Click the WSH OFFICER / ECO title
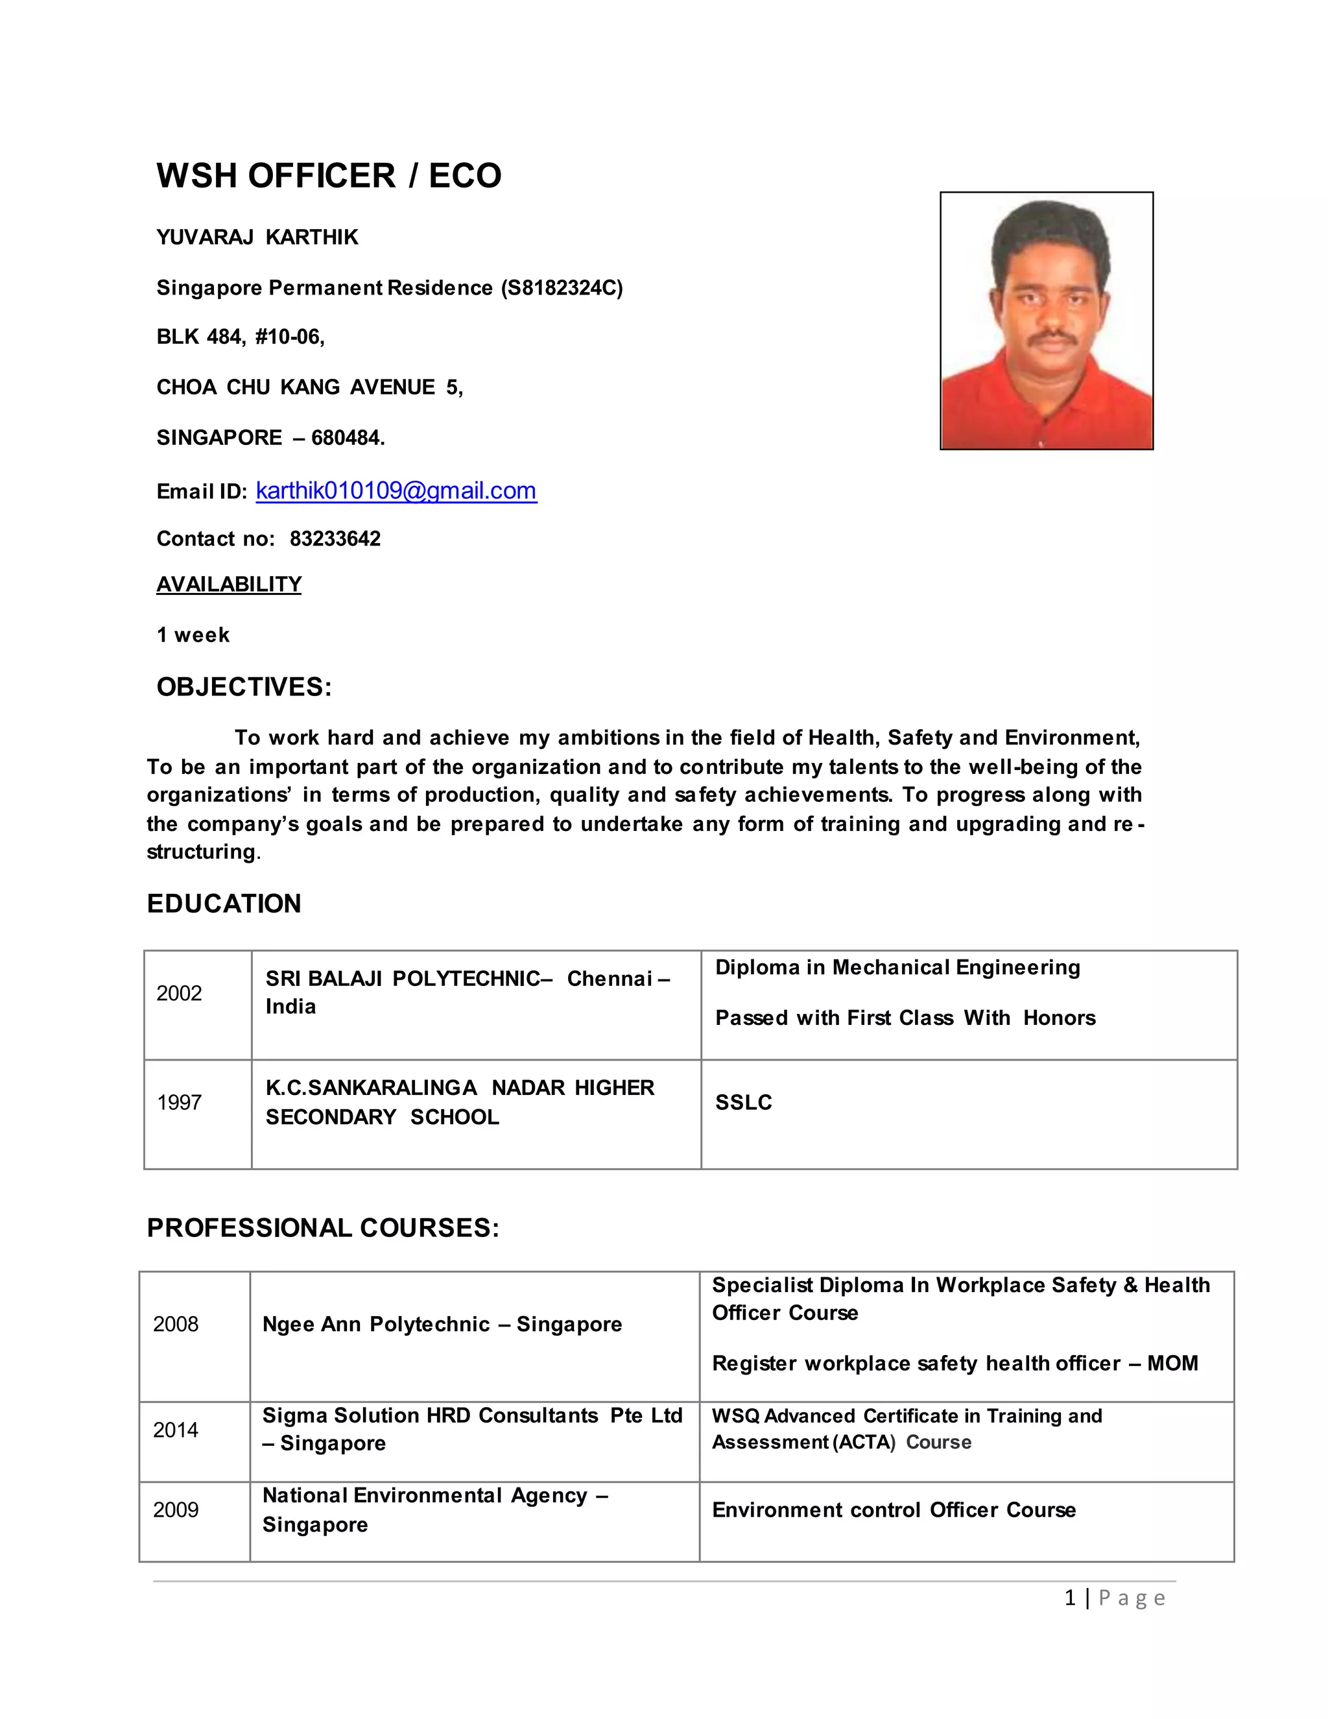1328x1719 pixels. pyautogui.click(x=329, y=176)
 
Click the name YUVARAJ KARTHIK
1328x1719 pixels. pyautogui.click(x=257, y=237)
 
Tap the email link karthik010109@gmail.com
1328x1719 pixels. pyautogui.click(x=396, y=490)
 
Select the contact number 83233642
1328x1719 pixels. pyautogui.click(x=335, y=538)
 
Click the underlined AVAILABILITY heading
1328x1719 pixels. pyautogui.click(x=229, y=584)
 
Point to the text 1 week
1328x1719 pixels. pyautogui.click(x=193, y=634)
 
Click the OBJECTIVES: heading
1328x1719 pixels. pyautogui.click(x=244, y=686)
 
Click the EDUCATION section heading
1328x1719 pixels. pyautogui.click(x=224, y=903)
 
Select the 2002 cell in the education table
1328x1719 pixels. pyautogui.click(x=180, y=993)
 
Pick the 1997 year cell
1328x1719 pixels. pyautogui.click(x=180, y=1102)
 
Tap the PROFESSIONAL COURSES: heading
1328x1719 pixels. pyautogui.click(x=322, y=1228)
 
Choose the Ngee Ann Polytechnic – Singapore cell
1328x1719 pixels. pyautogui.click(x=442, y=1324)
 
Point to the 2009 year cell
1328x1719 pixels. pyautogui.click(x=176, y=1509)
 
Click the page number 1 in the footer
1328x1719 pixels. pyautogui.click(x=1070, y=1598)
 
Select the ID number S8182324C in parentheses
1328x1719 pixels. pyautogui.click(x=562, y=288)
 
